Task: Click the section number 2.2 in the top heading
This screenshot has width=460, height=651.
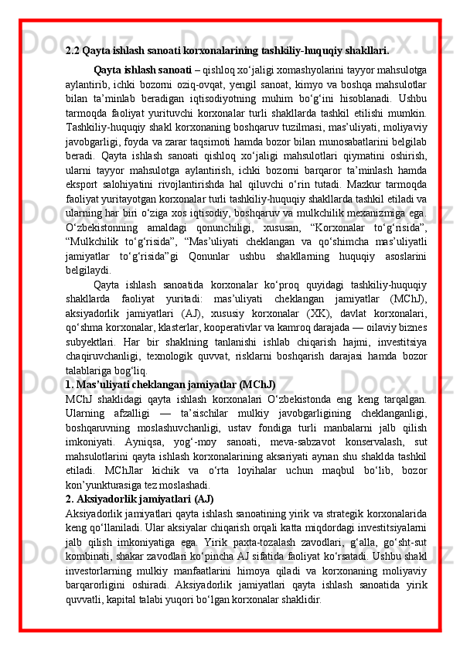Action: pos(73,52)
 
